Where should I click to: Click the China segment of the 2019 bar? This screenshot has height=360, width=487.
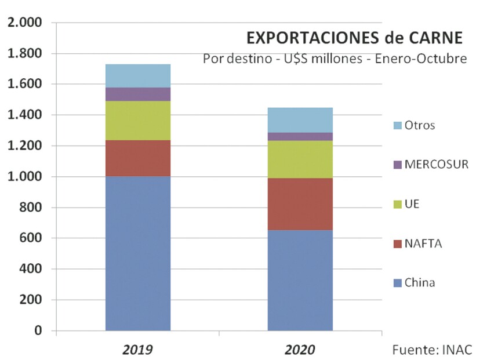tap(138, 253)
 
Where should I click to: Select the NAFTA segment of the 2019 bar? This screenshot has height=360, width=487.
tap(138, 158)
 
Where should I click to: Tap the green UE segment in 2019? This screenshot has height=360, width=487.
tap(138, 121)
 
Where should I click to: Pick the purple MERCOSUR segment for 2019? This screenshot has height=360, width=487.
tap(138, 94)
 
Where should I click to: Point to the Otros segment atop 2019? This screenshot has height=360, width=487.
tap(138, 75)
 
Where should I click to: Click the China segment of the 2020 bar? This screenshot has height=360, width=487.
tap(300, 281)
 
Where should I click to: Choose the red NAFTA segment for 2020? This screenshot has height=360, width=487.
tap(300, 204)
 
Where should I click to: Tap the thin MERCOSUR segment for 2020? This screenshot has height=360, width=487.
tap(300, 137)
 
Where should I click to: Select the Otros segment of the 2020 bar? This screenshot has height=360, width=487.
tap(300, 120)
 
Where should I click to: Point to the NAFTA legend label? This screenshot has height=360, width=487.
tap(423, 244)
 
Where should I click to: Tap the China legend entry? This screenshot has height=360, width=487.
tap(420, 283)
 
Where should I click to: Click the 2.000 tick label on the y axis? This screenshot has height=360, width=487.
tap(25, 23)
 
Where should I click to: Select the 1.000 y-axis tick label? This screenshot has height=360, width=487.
tap(25, 177)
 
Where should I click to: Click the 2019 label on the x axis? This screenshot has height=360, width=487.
tap(137, 350)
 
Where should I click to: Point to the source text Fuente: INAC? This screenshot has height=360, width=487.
tap(432, 350)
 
